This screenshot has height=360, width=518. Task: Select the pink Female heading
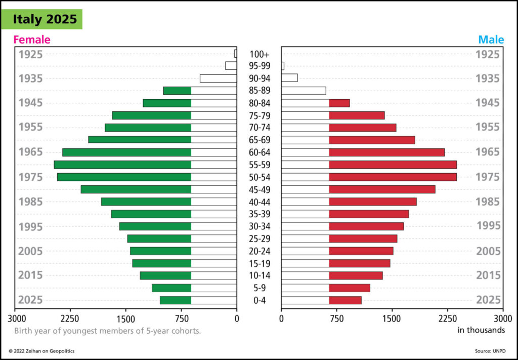click(x=32, y=40)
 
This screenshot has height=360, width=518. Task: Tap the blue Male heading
click(x=491, y=40)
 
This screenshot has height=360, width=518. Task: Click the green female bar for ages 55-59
click(x=122, y=165)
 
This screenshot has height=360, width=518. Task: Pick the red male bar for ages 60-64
click(x=386, y=152)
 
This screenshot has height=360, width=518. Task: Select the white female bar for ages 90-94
click(x=218, y=78)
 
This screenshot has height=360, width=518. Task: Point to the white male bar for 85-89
click(x=304, y=91)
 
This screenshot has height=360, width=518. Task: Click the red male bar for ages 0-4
click(x=345, y=300)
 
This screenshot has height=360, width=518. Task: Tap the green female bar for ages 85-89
click(x=177, y=91)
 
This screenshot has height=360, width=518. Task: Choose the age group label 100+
click(x=260, y=54)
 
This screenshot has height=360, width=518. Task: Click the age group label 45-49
click(x=260, y=189)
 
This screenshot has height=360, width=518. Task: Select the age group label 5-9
click(x=260, y=288)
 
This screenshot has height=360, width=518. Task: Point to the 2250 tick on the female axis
click(x=70, y=318)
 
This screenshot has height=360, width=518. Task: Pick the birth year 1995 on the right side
click(x=488, y=226)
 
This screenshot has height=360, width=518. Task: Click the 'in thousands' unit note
click(x=481, y=330)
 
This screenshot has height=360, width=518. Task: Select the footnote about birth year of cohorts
click(x=107, y=331)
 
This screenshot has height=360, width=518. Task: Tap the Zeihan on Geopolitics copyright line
click(x=45, y=351)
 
